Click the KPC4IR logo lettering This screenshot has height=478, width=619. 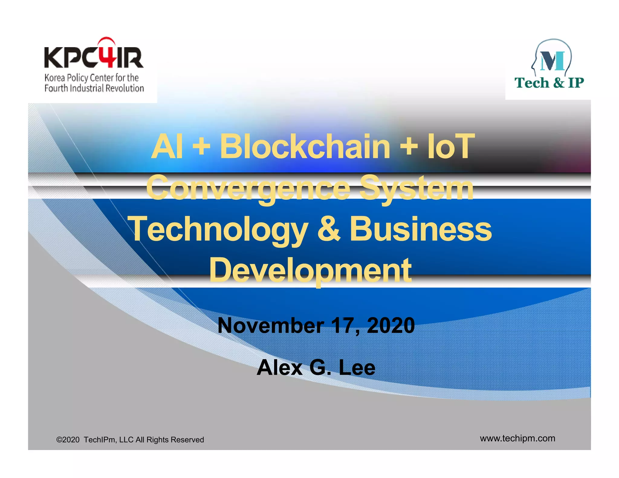pos(94,57)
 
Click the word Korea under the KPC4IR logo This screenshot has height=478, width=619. pos(55,78)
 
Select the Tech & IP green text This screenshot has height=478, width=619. pos(549,83)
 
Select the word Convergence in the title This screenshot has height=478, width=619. pos(248,189)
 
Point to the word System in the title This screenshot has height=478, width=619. pos(417,189)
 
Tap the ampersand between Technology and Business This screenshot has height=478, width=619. pos(329,230)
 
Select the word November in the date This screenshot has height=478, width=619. pos(271,326)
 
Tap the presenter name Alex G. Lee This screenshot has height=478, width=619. pos(316,368)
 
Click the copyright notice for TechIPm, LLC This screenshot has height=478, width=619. pos(130,440)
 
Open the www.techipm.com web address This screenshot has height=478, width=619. pos(517,438)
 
